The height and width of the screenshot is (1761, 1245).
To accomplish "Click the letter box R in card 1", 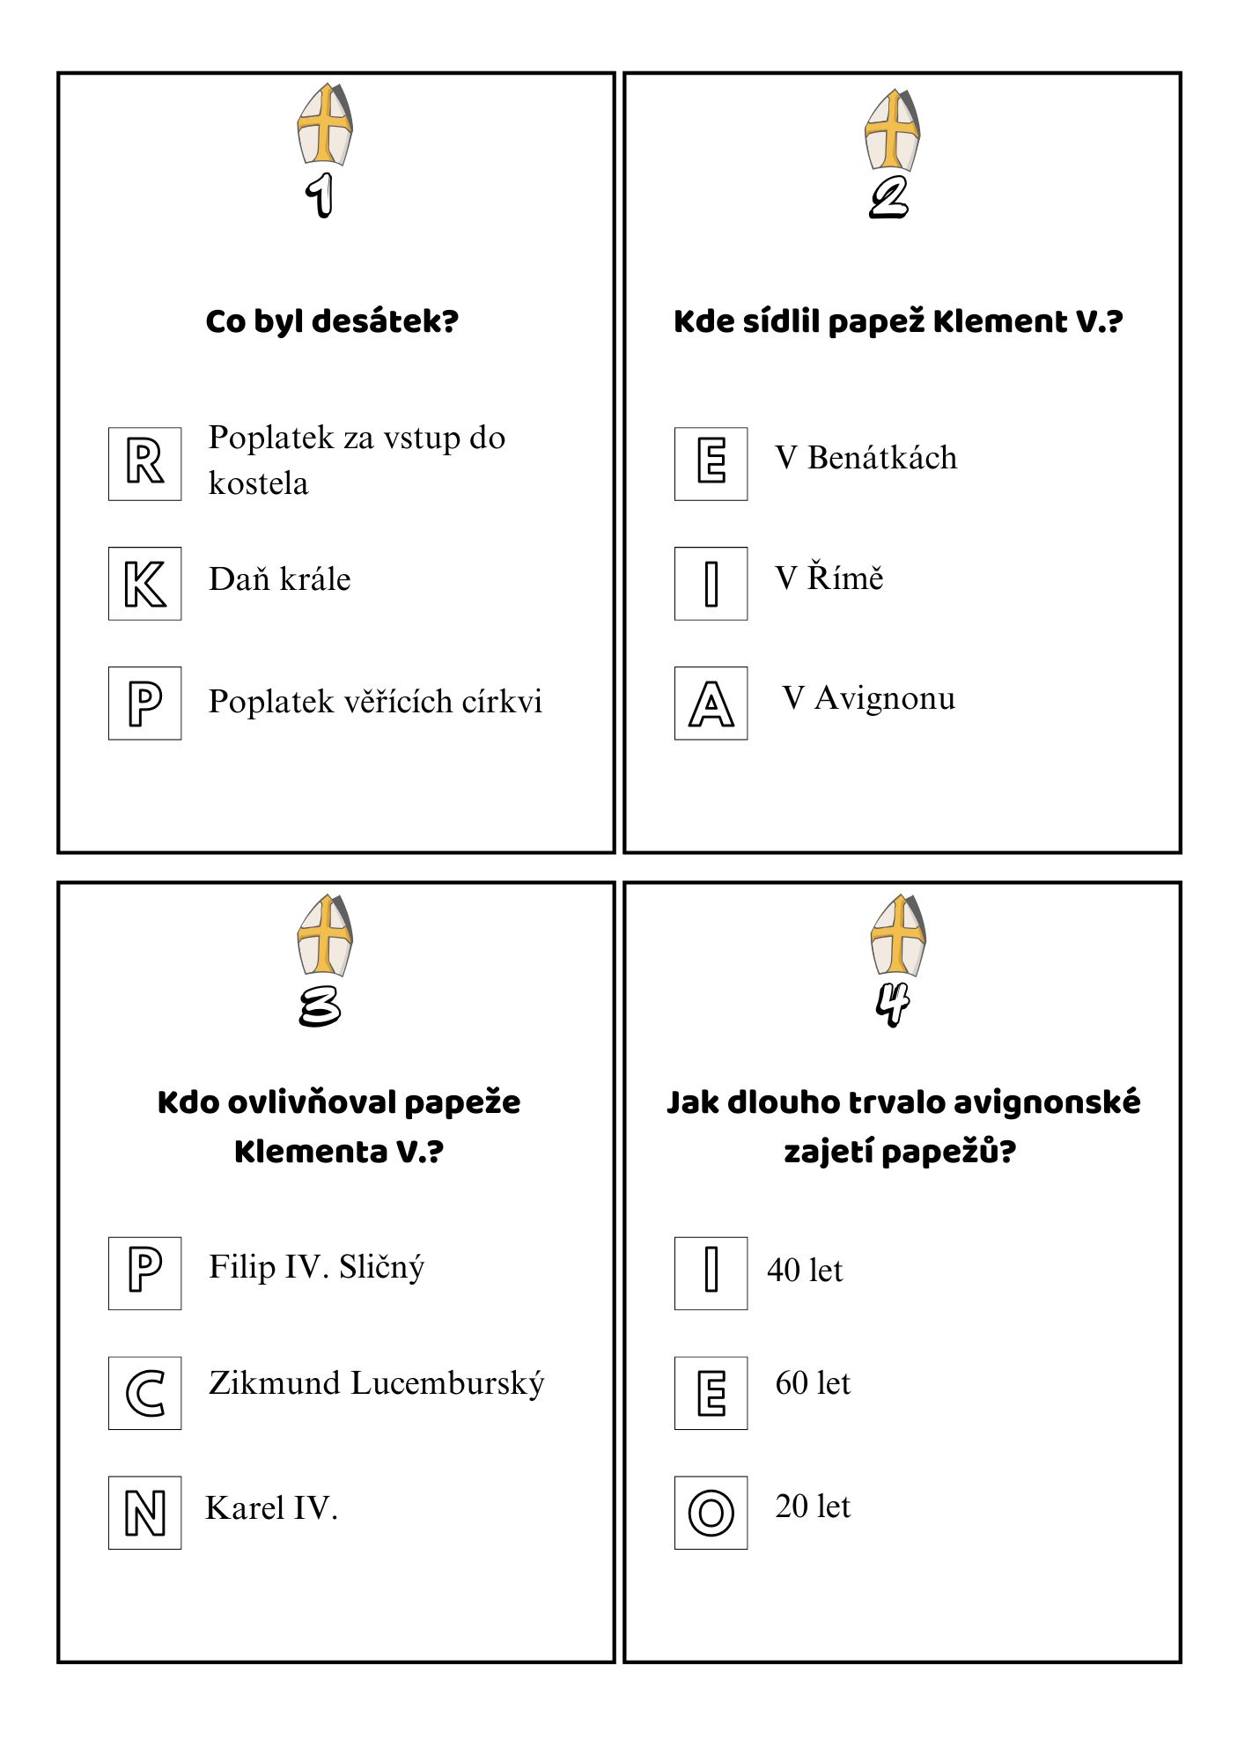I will (x=144, y=464).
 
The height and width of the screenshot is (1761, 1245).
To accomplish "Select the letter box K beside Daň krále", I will (x=144, y=584).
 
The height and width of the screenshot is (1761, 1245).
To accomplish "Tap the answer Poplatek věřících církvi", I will (x=375, y=702).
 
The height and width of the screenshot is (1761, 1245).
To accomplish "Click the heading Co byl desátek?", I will (x=332, y=321).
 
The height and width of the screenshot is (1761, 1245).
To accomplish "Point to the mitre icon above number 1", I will (x=325, y=124).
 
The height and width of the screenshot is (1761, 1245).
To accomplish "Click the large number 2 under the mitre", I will (x=888, y=197).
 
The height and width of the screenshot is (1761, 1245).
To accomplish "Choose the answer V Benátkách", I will (x=866, y=458).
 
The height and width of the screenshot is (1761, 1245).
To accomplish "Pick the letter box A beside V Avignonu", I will (x=711, y=704).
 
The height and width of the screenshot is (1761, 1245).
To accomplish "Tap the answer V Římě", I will (x=829, y=578).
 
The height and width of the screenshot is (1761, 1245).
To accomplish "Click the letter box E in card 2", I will (x=711, y=464).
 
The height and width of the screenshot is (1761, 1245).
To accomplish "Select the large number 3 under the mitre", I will (x=320, y=1006).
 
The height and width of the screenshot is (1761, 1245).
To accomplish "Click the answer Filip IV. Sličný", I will (x=316, y=1267).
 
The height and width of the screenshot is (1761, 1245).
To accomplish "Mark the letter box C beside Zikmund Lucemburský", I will (x=144, y=1393).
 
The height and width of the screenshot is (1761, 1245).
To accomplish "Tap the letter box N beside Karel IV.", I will (x=144, y=1513).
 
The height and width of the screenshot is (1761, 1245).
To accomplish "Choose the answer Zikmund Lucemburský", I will (x=376, y=1383).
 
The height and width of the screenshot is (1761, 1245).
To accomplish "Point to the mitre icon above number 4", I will (x=898, y=934).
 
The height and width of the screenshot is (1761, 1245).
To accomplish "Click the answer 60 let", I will (x=813, y=1383).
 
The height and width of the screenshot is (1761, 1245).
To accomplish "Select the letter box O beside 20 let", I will (x=711, y=1513).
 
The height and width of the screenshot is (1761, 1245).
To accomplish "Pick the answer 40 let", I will (x=805, y=1271).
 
